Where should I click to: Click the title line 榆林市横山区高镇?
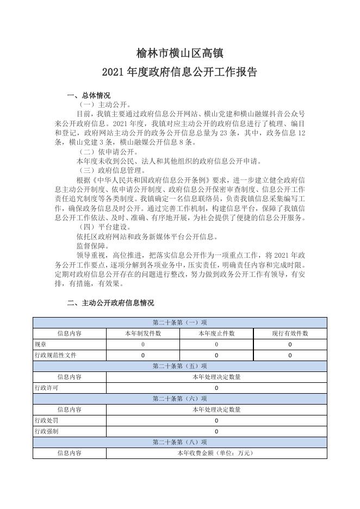pos(179,53)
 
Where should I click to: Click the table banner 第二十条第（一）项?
pos(179,322)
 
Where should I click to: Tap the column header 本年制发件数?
pos(143,333)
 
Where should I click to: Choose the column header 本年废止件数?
pos(216,333)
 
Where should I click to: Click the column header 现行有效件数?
pos(290,333)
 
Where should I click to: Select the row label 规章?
pos(41,344)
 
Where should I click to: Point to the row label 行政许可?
pos(46,388)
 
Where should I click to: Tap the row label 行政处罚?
pos(46,420)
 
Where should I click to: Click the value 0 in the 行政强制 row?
pos(216,431)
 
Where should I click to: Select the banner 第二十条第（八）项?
pos(179,442)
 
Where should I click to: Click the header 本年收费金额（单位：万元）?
pos(216,453)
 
